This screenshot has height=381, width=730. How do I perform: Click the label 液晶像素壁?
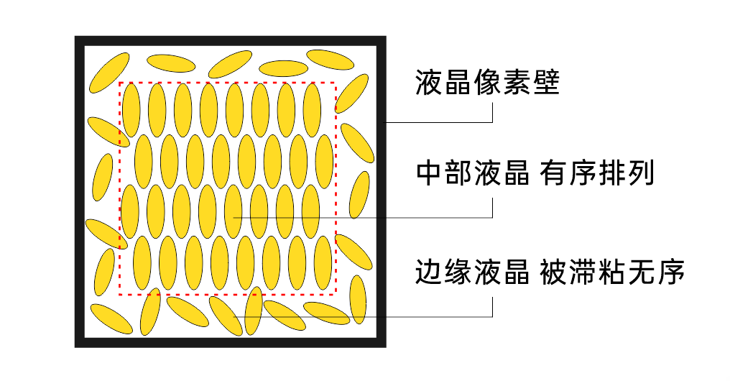(487, 83)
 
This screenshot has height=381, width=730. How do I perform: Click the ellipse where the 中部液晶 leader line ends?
(233, 212)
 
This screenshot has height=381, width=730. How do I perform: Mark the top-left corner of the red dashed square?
(119, 83)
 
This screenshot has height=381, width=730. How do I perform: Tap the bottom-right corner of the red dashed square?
(335, 294)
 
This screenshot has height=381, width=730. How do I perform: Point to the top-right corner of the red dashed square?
(335, 83)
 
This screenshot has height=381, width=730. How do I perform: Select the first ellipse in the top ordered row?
(131, 110)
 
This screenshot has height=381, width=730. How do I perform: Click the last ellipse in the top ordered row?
(312, 110)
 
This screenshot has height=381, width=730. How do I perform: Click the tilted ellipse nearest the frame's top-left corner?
(108, 72)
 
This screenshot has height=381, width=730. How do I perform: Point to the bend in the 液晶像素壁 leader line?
(492, 122)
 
